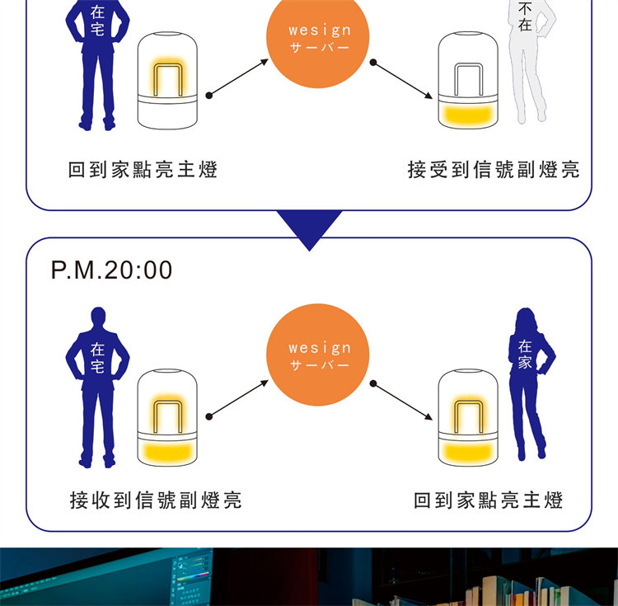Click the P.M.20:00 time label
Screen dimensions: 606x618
[x=112, y=270]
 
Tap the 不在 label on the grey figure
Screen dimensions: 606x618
[x=525, y=16]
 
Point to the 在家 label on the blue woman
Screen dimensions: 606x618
[x=526, y=354]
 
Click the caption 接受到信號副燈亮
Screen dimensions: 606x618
[x=494, y=170]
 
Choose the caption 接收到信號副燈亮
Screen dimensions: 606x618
[x=156, y=500]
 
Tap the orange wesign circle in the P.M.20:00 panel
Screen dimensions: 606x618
[x=320, y=355]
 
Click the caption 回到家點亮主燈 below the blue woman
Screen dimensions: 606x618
[x=488, y=500]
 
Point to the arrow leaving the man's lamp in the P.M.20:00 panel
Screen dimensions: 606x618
[x=239, y=400]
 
